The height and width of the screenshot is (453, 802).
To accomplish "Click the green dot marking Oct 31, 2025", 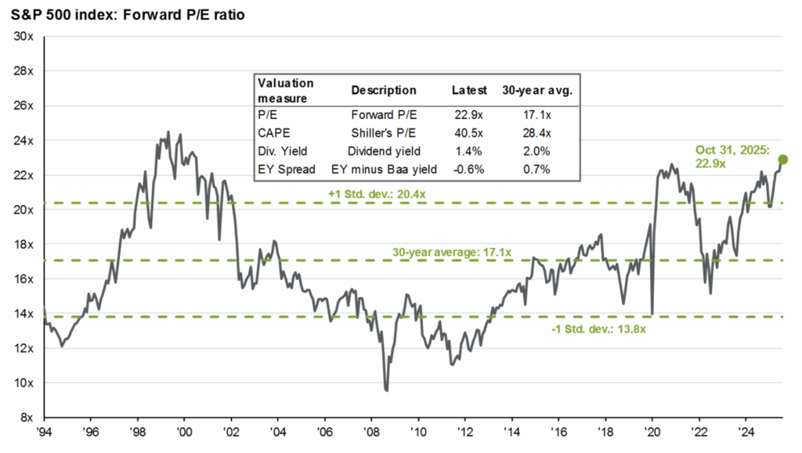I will pos(782,160).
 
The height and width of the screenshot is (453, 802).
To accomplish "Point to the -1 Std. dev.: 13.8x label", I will pos(601,329).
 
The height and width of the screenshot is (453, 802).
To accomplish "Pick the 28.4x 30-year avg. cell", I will pos(536,133).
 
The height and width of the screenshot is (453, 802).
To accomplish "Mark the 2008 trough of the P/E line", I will pos(386,389).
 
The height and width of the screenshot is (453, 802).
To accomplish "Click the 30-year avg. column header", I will pos(536,90).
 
